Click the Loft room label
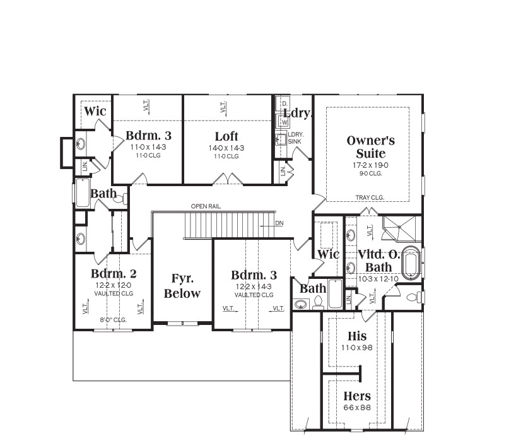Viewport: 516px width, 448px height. coord(226,136)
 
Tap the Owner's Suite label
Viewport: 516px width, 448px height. coord(370,147)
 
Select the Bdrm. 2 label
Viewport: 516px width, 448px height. coord(114,274)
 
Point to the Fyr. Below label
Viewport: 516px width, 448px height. coord(182,286)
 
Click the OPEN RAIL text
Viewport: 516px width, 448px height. coord(206,206)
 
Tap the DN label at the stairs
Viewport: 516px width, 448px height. coord(279,223)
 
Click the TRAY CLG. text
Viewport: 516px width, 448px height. coord(370,197)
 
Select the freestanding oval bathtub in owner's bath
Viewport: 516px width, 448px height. coord(411,263)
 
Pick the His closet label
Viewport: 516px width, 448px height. coord(357,336)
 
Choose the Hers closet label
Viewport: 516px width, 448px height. coord(357,396)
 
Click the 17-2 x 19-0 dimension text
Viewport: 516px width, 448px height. coord(370,165)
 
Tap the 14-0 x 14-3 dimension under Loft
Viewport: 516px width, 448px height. coord(226,148)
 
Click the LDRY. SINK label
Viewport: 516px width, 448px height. coord(295,138)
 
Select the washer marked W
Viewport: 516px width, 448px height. coord(284,122)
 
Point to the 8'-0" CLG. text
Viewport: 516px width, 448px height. coord(113,320)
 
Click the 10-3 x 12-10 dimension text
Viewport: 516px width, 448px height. coord(378,279)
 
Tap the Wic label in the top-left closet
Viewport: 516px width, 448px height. coord(95,111)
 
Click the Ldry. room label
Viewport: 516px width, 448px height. coord(297,113)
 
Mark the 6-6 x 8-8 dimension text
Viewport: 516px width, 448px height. coord(357,408)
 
